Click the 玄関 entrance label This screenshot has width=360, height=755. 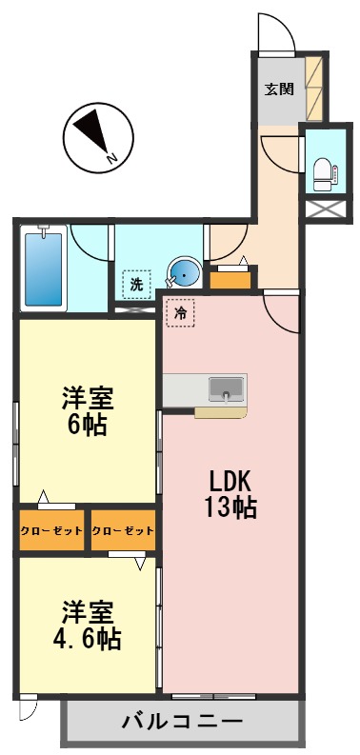coord(278,90)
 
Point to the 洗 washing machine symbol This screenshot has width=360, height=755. coord(137,284)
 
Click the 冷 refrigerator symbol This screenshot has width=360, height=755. coord(180,310)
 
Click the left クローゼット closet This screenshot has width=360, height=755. coord(52,530)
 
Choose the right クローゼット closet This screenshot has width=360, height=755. coord(122,530)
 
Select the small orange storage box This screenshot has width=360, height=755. coord(232,278)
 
